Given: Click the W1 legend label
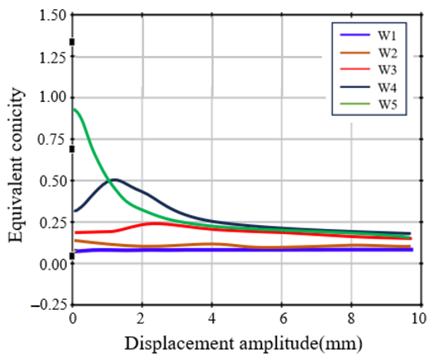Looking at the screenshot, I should (387, 36).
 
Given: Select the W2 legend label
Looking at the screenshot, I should (387, 53).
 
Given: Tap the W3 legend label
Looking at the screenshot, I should (387, 70).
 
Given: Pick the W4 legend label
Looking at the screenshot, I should (387, 87).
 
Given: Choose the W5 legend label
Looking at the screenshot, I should (387, 104).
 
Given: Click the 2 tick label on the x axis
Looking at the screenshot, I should (141, 319).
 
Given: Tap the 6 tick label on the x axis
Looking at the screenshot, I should (282, 319).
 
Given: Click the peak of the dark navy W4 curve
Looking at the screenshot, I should (114, 179).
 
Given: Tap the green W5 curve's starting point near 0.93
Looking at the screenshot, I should (74, 109).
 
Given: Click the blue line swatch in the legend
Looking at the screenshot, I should (355, 35).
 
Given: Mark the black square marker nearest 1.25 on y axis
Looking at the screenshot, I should (72, 42).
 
